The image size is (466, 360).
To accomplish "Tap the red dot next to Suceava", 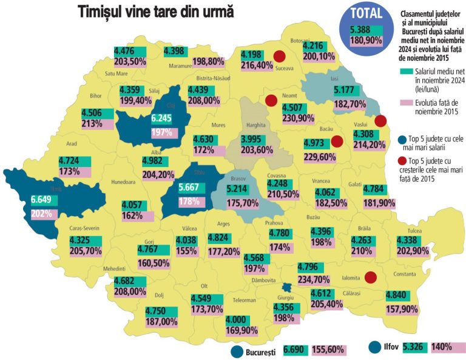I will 280,56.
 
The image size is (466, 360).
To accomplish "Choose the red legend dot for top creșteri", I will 403,161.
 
